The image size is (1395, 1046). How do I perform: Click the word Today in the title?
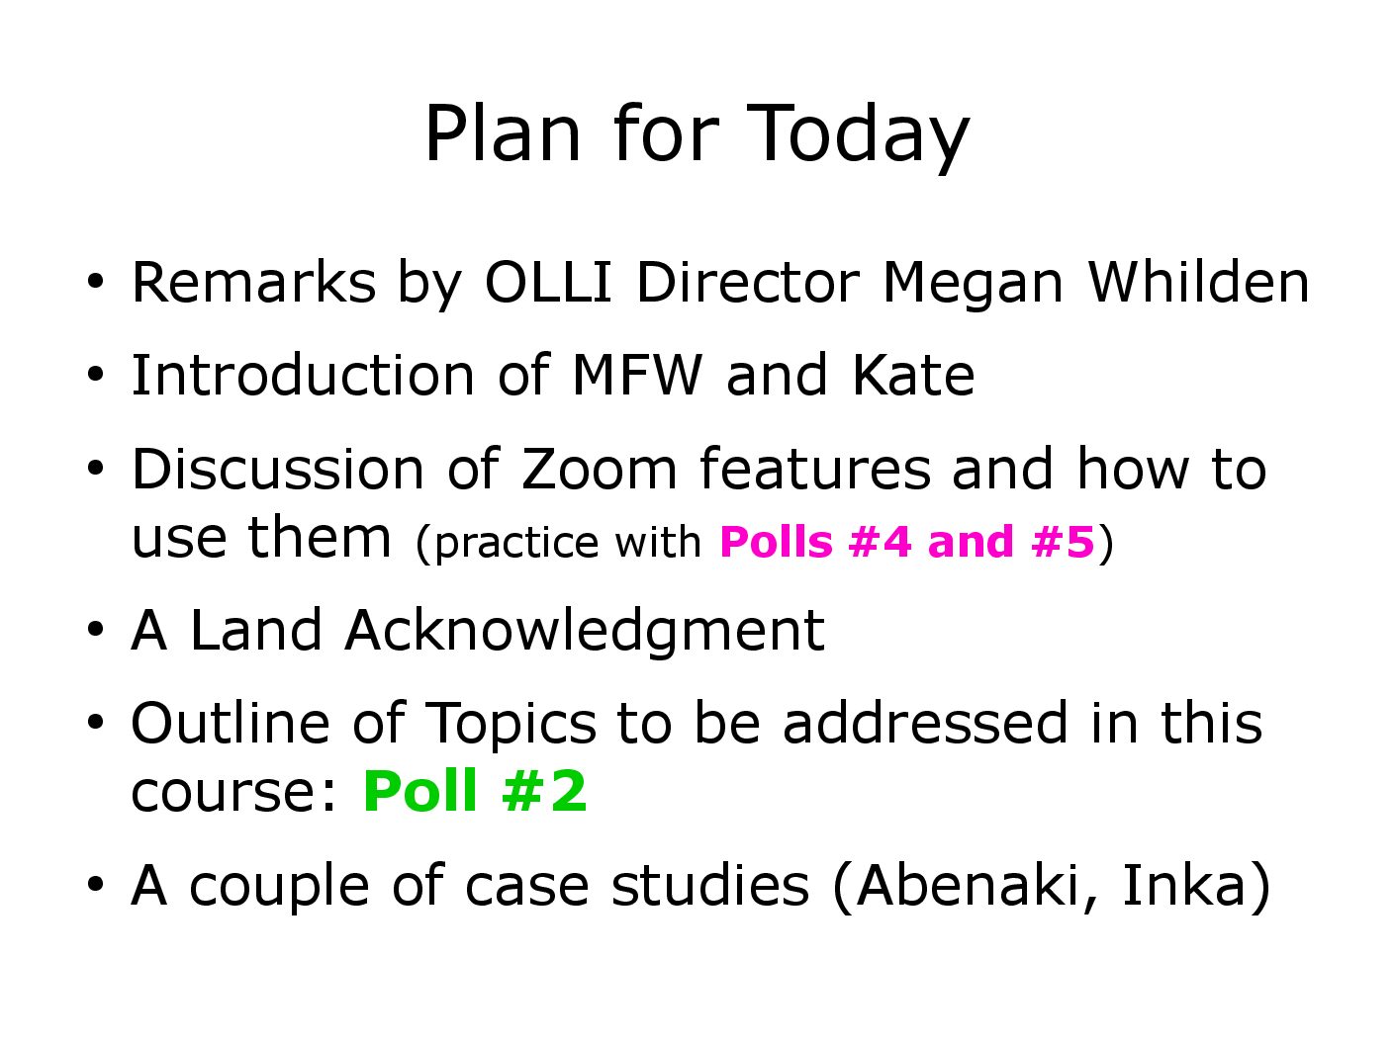(x=858, y=137)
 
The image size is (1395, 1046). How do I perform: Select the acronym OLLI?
(x=548, y=282)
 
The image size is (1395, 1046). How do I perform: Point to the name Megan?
(x=973, y=287)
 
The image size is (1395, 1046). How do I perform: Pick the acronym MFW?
(x=637, y=376)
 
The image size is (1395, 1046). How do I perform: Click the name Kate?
(x=912, y=375)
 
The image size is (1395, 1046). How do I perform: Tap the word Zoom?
(x=599, y=470)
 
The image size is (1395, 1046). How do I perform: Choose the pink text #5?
(x=1063, y=542)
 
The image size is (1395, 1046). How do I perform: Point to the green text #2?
(x=544, y=790)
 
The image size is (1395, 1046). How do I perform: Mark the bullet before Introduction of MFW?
(x=95, y=375)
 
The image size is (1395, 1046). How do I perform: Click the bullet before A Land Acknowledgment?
(x=95, y=630)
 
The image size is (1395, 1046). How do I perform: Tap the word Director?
(x=748, y=282)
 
